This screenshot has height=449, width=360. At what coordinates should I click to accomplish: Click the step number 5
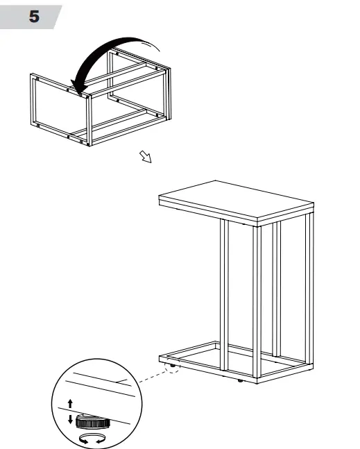pos(33,17)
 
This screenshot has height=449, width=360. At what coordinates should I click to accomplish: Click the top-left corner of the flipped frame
pos(32,74)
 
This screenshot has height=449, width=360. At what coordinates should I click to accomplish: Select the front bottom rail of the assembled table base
pos(208,372)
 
